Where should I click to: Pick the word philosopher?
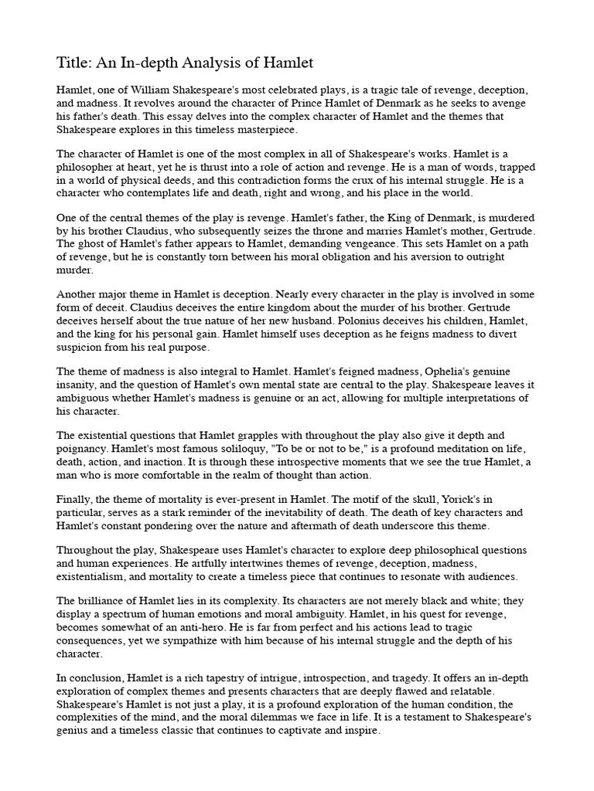(x=90, y=168)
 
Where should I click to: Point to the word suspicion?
(x=83, y=347)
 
